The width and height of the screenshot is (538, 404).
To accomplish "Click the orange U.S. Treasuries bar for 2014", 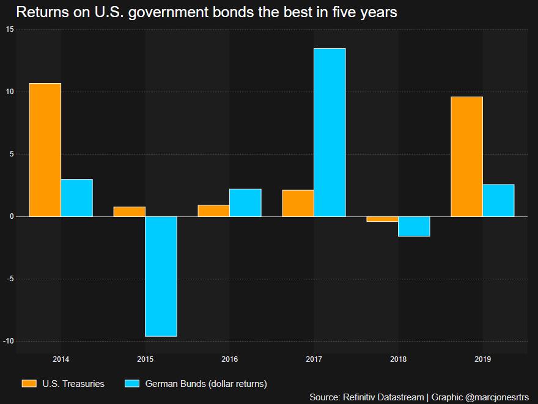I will [x=45, y=150].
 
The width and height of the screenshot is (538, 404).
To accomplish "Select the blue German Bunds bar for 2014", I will [x=76, y=197].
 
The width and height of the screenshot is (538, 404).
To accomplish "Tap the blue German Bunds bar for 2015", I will [x=161, y=276].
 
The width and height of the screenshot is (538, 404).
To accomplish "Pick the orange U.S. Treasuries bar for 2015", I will [x=130, y=211].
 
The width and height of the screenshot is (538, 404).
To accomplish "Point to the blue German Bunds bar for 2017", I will [x=330, y=132].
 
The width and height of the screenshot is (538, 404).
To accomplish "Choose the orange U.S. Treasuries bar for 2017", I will [x=298, y=203].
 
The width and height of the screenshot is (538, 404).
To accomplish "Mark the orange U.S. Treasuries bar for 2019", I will [x=466, y=156].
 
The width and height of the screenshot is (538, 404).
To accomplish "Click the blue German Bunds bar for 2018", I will [x=414, y=226].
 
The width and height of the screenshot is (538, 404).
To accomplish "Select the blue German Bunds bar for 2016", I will [x=245, y=202].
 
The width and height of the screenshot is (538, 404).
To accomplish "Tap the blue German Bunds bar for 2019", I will [x=498, y=200].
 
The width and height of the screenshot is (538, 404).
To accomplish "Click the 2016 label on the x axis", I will [x=230, y=359].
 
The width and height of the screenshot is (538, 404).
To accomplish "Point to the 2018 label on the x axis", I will [x=398, y=359].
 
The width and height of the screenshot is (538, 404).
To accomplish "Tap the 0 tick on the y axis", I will [x=11, y=216].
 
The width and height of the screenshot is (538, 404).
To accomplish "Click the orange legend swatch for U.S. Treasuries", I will [x=29, y=384].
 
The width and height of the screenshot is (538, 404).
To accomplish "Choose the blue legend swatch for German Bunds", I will [x=132, y=384].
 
